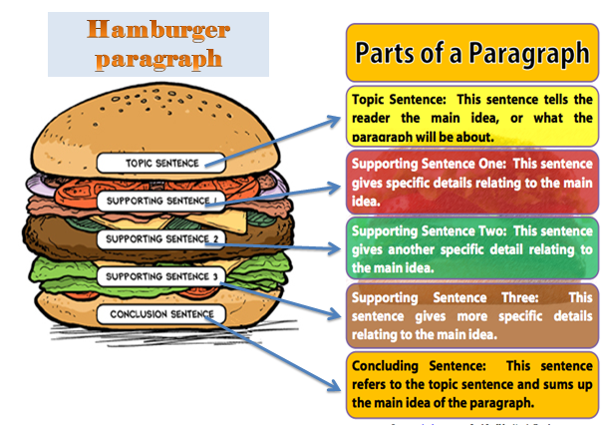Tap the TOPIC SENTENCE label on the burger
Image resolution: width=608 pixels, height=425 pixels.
[161, 163]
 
